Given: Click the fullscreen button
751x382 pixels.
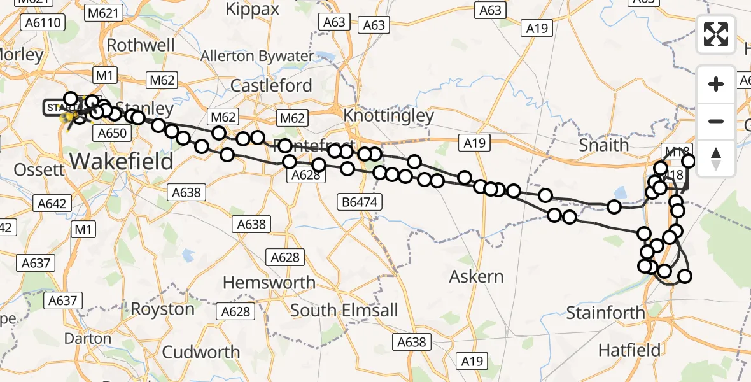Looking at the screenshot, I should [716, 34].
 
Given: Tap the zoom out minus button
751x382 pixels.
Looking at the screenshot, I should [716, 121].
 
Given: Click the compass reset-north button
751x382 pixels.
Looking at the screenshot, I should [716, 158].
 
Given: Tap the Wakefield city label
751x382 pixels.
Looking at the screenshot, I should [121, 160].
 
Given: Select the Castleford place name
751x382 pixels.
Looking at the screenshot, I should [271, 85].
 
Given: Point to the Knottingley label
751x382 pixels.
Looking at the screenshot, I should [388, 115].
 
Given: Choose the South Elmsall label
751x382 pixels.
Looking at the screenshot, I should [344, 310].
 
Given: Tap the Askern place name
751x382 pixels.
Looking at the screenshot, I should [476, 276].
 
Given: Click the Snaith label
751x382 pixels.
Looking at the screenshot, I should [604, 145].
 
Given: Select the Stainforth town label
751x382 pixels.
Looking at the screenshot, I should [605, 313].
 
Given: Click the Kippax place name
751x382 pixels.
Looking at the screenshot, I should [253, 10].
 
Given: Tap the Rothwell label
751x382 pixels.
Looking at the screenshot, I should [141, 45].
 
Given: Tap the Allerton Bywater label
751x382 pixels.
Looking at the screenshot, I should [257, 56].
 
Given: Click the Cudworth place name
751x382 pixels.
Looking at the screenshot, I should [201, 351].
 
